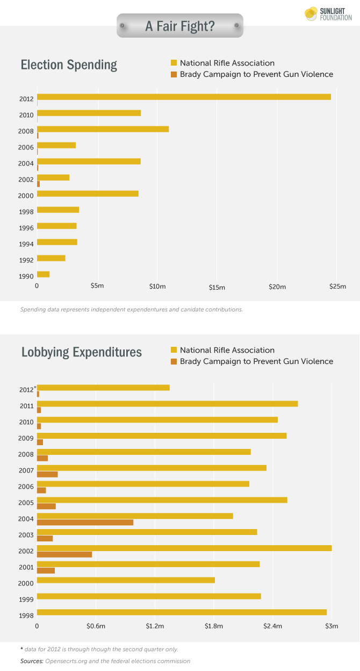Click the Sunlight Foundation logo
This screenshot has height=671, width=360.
tap(328, 14)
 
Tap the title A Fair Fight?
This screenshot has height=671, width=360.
tap(180, 25)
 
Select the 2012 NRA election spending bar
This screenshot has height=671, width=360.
tap(184, 97)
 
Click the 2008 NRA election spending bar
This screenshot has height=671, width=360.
tap(103, 129)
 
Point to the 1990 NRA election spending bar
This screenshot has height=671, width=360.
tap(43, 274)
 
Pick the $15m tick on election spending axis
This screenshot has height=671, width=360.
tap(217, 288)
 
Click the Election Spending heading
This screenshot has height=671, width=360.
tap(69, 66)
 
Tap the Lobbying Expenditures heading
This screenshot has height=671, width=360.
tap(82, 352)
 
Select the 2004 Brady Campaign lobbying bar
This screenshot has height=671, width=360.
tap(85, 522)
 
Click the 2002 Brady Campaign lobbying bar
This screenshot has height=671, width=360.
tap(64, 554)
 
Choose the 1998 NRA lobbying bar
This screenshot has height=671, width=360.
tap(182, 612)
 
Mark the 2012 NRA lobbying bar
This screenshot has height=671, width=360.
tap(103, 388)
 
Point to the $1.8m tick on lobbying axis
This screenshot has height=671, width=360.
tap(214, 626)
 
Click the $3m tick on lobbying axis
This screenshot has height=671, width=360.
tap(332, 626)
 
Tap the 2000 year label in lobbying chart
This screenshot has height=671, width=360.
tap(27, 583)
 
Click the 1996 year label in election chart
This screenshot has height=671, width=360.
tap(27, 228)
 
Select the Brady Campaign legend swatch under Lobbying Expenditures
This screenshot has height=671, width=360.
tap(174, 361)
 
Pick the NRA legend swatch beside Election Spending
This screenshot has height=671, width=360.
tap(174, 63)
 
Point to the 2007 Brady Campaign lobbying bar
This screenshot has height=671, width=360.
tap(47, 474)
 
